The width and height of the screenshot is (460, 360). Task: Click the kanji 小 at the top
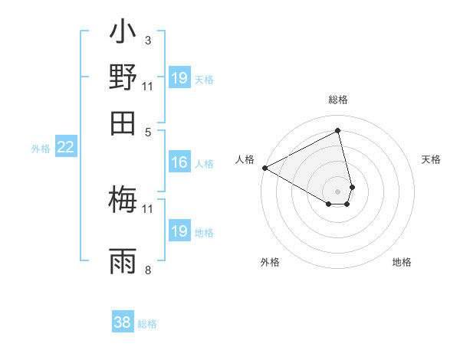click(123, 34)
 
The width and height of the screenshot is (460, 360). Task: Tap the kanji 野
click(123, 78)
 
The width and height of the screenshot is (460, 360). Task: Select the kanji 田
click(123, 122)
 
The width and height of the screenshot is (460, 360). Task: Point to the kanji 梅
click(123, 200)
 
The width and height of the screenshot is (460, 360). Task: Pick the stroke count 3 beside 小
click(147, 41)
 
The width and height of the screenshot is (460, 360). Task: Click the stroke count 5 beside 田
click(147, 131)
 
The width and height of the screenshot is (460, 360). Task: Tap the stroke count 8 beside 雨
click(147, 270)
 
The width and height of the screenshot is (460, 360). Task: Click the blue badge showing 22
click(65, 148)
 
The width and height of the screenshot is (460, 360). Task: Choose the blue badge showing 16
click(179, 162)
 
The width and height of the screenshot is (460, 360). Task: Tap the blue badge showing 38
click(123, 322)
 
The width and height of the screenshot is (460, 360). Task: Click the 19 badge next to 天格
click(179, 78)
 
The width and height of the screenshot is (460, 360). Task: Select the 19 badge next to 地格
click(179, 231)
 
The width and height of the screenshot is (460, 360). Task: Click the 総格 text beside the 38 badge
click(147, 324)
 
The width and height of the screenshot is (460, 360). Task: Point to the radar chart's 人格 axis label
click(245, 159)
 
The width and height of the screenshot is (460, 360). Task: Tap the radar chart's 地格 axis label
click(402, 262)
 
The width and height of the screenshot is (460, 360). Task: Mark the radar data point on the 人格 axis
click(264, 167)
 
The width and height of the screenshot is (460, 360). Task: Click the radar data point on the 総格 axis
click(338, 131)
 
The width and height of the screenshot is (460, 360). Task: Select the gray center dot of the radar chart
click(338, 191)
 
